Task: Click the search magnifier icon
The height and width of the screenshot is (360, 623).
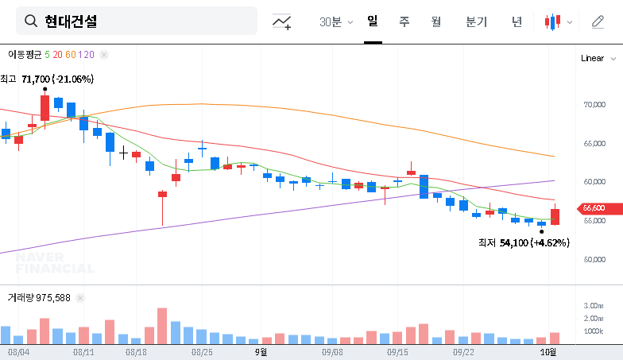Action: pos(32,21)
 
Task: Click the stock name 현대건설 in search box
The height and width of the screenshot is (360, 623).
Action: pos(71,21)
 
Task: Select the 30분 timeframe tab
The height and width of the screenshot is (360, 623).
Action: pos(331,22)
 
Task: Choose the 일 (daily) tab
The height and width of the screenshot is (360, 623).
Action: pos(372,21)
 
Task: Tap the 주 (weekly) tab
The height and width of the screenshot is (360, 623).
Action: pos(404,22)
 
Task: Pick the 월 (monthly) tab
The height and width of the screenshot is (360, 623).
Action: pos(435,22)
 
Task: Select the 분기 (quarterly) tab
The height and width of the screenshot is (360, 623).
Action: pos(477,22)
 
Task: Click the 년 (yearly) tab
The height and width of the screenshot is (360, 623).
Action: pos(517,22)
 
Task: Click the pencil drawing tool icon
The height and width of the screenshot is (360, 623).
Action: pos(598,22)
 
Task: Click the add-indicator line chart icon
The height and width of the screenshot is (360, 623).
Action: pos(282,22)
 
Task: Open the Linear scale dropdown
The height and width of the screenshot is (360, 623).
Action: pos(596,58)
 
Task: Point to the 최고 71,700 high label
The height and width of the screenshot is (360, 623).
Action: pos(47,79)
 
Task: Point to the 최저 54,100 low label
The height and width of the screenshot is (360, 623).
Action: pos(524,242)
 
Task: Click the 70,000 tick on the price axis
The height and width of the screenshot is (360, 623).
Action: pos(594,104)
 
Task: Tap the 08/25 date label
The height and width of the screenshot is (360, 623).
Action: pos(202,350)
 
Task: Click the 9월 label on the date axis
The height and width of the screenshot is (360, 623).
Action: pos(261,350)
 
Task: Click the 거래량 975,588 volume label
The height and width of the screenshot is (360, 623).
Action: pos(39,298)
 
